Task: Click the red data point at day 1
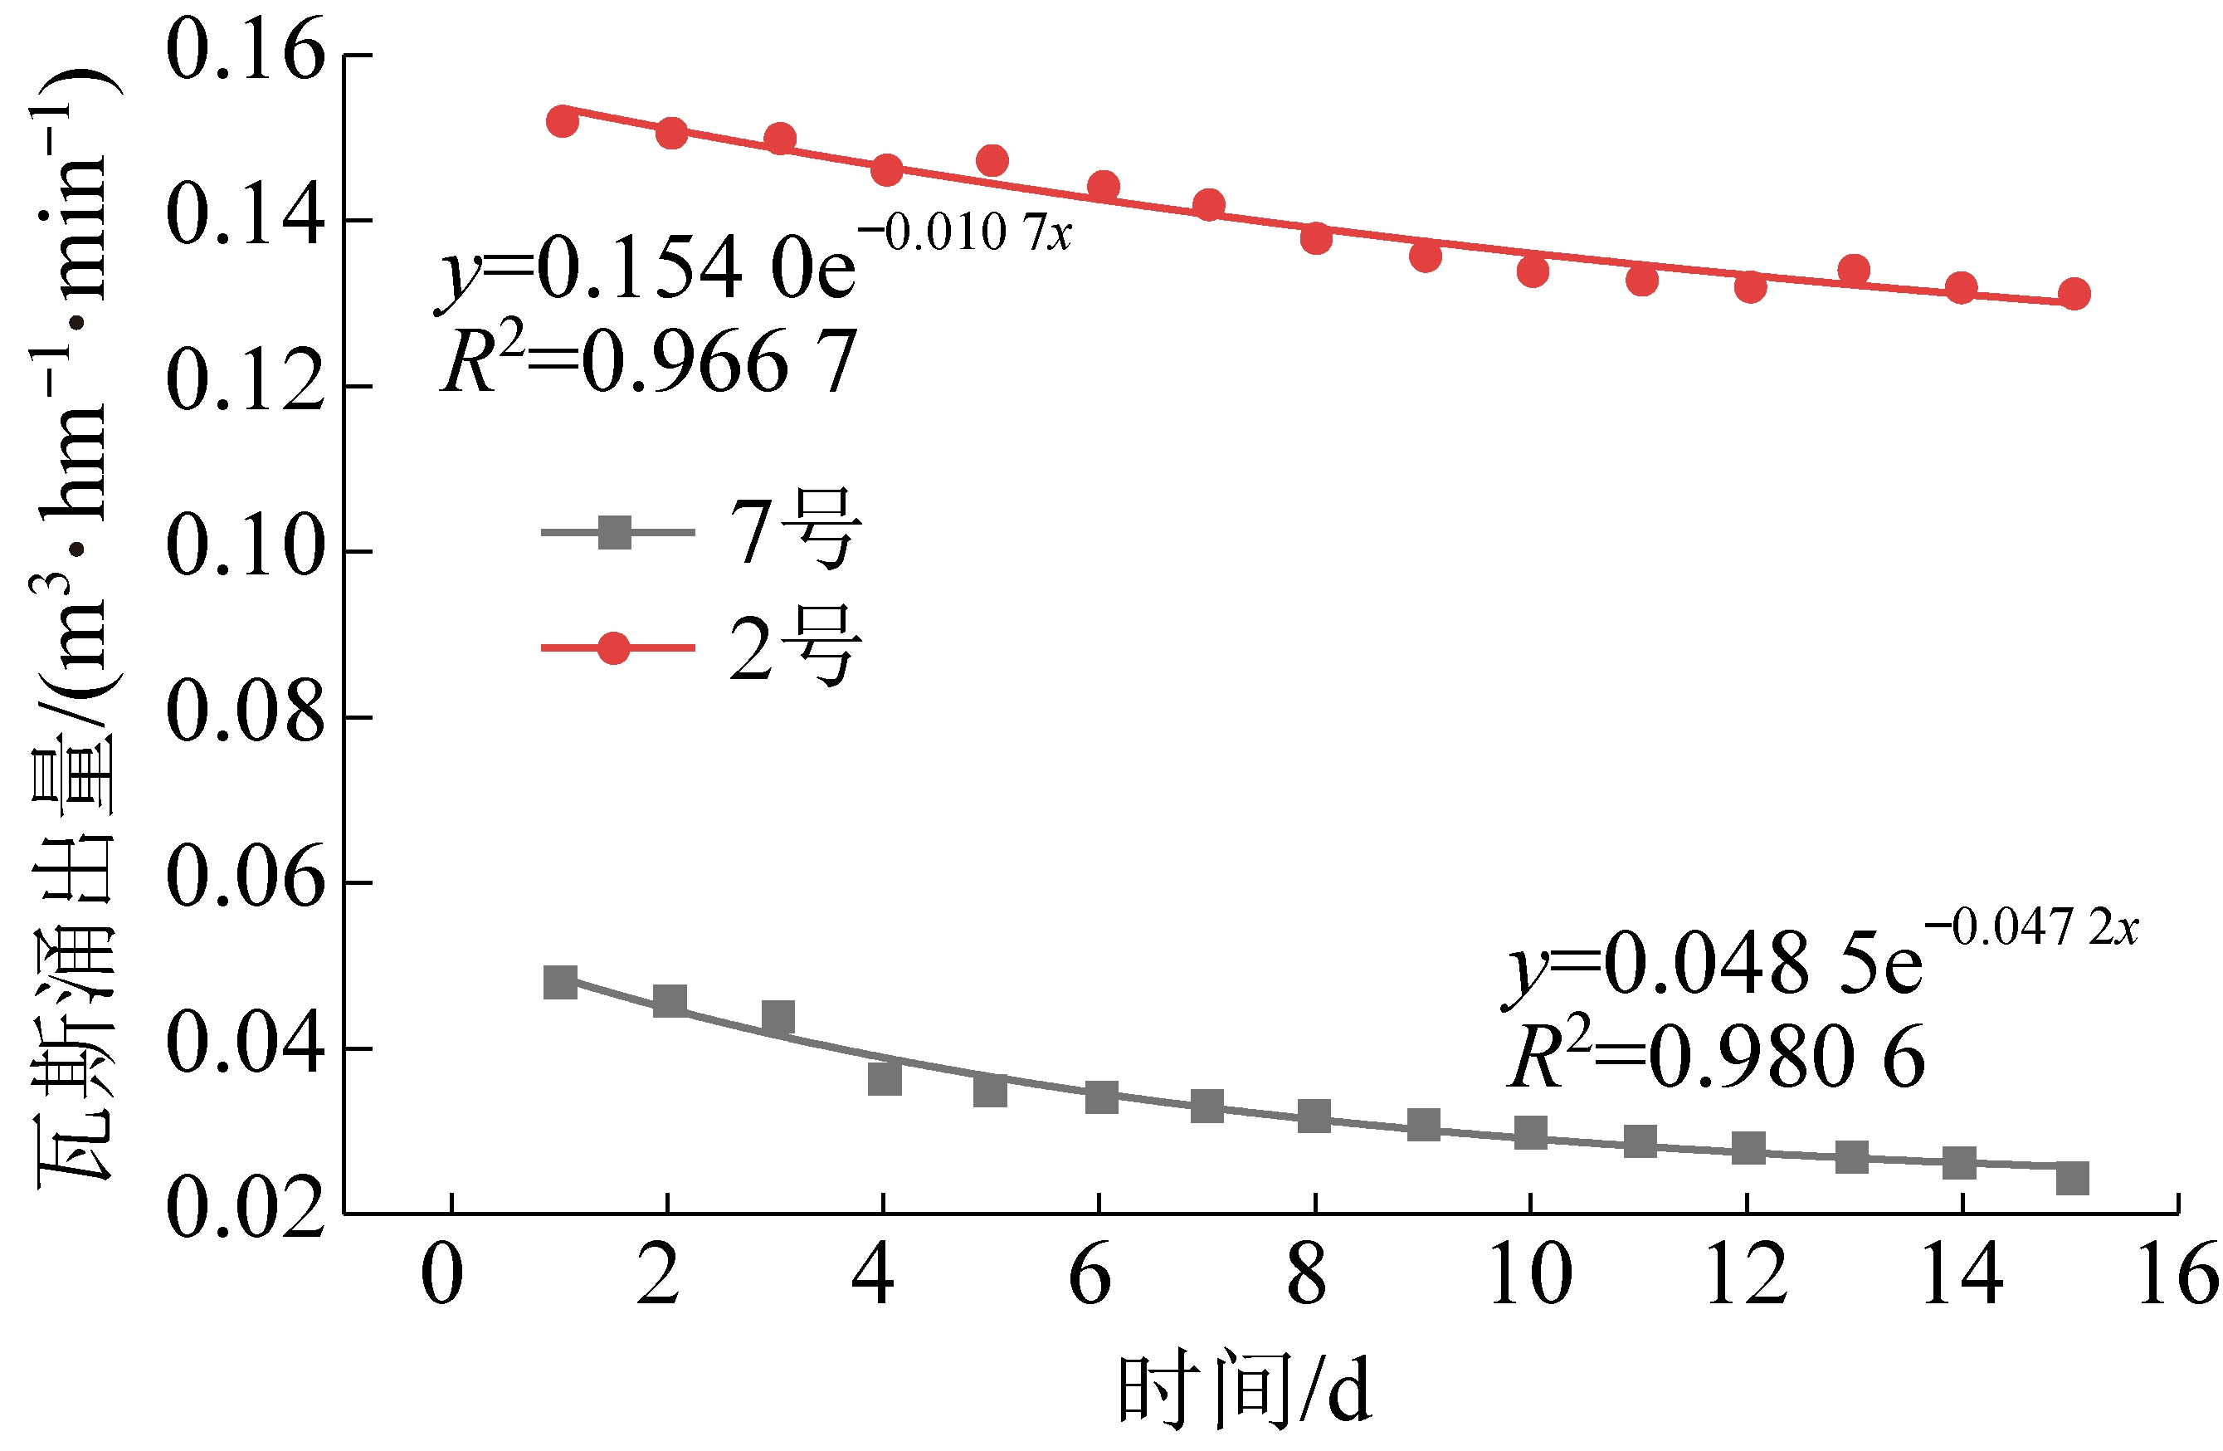[x=563, y=120]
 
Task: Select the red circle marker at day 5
[x=992, y=161]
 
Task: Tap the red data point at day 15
[x=2074, y=293]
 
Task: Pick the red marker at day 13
[x=1854, y=270]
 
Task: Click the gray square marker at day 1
[x=560, y=982]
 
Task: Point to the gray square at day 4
[x=885, y=1079]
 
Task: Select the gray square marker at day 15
[x=2073, y=1178]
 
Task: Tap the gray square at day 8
[x=1314, y=1116]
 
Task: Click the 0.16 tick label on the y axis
[x=245, y=51]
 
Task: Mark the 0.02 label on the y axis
[x=245, y=1208]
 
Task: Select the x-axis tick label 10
[x=1530, y=1274]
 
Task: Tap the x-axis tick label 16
[x=2177, y=1274]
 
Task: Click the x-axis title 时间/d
[x=1243, y=1390]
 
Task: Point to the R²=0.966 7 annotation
[x=648, y=362]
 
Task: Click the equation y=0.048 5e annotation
[x=1714, y=962]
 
